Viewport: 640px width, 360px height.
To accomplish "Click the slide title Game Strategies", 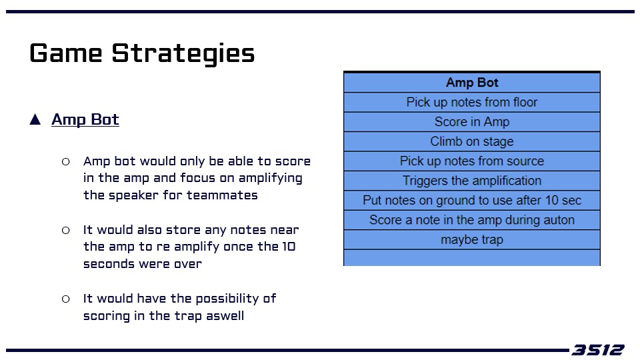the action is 142,53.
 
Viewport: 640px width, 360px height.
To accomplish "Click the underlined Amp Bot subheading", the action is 85,119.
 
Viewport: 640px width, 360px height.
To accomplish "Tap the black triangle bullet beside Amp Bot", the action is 35,119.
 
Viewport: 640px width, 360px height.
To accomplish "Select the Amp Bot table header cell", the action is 472,83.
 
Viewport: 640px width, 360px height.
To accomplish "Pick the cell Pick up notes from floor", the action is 472,102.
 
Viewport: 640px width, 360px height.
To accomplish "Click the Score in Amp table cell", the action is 472,121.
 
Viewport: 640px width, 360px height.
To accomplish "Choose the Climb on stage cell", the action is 472,141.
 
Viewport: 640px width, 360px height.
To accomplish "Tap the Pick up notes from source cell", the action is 472,161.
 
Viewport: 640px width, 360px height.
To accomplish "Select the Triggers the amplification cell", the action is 472,181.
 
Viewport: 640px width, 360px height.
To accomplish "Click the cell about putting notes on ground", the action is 472,200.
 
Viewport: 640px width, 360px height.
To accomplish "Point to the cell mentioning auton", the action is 472,219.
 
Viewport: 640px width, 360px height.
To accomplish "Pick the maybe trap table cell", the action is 472,239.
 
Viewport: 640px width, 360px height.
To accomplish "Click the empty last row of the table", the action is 472,257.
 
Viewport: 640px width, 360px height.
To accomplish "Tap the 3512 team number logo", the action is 597,350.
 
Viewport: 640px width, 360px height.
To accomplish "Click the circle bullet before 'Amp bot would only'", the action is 66,161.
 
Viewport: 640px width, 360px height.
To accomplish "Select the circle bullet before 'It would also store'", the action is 66,230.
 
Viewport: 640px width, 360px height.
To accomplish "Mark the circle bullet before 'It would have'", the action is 66,299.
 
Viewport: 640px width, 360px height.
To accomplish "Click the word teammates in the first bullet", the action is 222,195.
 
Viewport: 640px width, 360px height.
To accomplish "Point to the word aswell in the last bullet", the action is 225,316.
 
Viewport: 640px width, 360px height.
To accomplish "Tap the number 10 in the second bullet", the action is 289,247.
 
